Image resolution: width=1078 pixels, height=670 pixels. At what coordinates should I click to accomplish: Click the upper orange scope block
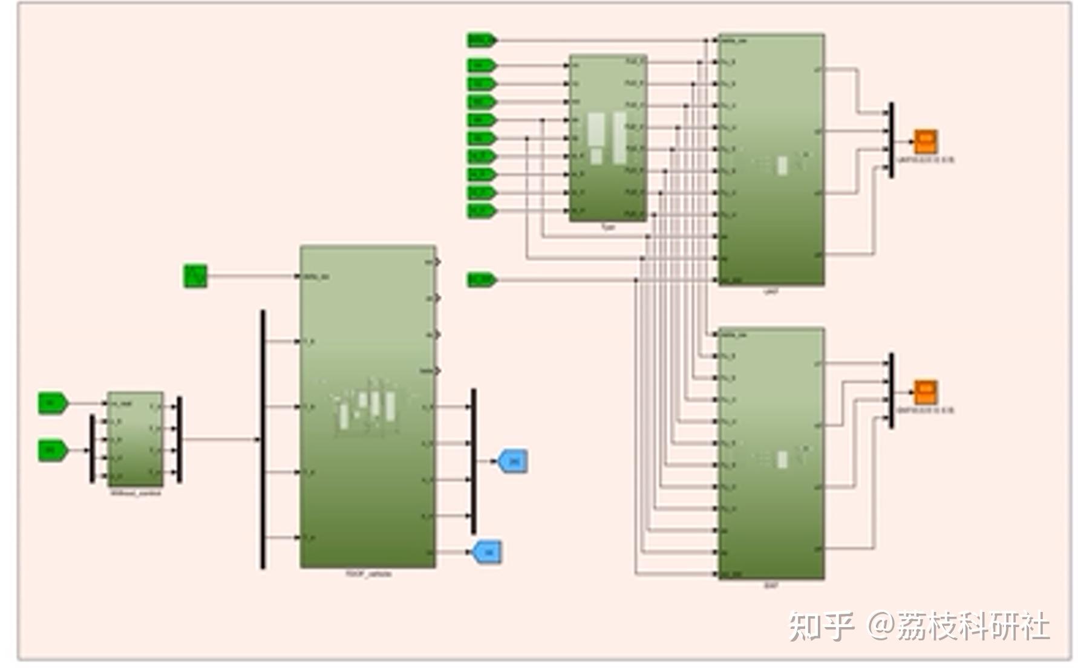pos(925,141)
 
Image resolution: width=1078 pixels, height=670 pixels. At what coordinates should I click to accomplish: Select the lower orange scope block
pos(925,392)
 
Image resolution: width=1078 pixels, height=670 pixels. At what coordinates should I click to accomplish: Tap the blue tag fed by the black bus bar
pos(512,461)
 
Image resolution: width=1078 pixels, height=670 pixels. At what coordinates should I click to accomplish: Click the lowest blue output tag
pos(488,552)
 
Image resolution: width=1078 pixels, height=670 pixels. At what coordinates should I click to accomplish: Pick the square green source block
pos(195,276)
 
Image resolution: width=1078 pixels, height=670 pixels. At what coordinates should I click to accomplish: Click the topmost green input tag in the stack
pos(482,41)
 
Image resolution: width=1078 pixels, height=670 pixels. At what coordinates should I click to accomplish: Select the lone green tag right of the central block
pos(482,279)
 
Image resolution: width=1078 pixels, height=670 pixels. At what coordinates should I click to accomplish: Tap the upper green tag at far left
pos(53,403)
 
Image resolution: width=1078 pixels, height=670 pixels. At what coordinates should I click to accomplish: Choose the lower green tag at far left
pos(53,450)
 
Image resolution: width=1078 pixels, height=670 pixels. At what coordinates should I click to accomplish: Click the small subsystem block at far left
pos(135,439)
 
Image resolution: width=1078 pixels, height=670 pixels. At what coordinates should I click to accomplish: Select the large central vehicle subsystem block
pos(367,406)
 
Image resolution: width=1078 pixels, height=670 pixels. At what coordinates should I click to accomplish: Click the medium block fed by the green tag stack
pos(608,138)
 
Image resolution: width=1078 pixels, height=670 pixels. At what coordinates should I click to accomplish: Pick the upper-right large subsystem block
pos(771,159)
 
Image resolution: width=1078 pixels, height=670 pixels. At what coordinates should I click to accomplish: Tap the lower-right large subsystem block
pos(771,454)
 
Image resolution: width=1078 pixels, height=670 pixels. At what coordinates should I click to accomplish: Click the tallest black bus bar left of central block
pos(263,439)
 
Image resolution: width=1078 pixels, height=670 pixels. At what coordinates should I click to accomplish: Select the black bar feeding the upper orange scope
pos(891,140)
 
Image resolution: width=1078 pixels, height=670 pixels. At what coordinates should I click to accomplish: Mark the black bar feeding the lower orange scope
pos(891,391)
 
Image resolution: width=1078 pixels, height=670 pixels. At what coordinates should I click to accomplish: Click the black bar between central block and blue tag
pos(474,461)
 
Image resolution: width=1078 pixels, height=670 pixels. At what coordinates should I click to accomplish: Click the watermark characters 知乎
pos(821,626)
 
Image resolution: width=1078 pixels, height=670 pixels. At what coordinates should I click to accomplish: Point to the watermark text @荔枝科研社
pos(959,626)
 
